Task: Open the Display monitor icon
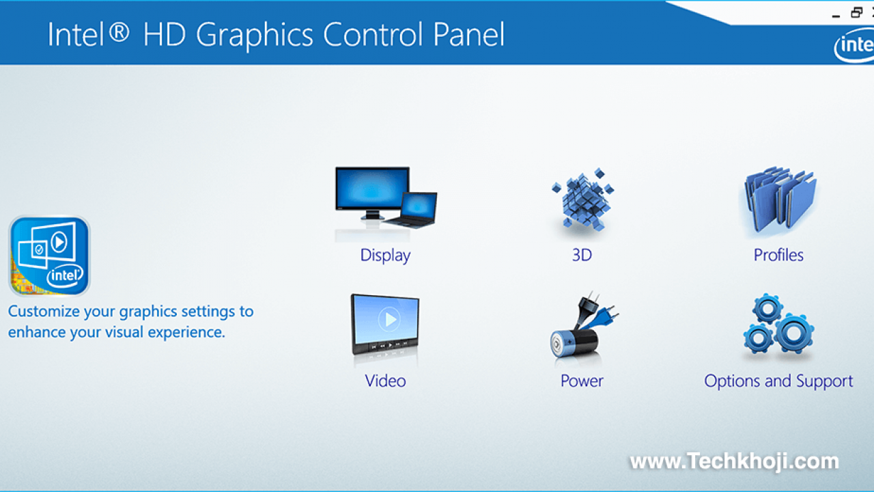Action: pyautogui.click(x=386, y=198)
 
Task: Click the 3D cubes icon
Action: pyautogui.click(x=582, y=199)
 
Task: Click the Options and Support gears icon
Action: pyautogui.click(x=778, y=324)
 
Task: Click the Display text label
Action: pyautogui.click(x=385, y=256)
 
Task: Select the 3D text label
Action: pyautogui.click(x=582, y=255)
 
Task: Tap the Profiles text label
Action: pyautogui.click(x=778, y=255)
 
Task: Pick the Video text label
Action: pyautogui.click(x=385, y=381)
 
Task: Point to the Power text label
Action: pyautogui.click(x=582, y=381)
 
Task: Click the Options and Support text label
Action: pyautogui.click(x=778, y=381)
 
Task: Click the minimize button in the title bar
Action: pyautogui.click(x=836, y=16)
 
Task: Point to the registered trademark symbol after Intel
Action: pyautogui.click(x=119, y=32)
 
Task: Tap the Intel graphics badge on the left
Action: pyautogui.click(x=50, y=256)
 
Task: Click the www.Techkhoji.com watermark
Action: pyautogui.click(x=734, y=461)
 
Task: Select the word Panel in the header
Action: pyautogui.click(x=468, y=34)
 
